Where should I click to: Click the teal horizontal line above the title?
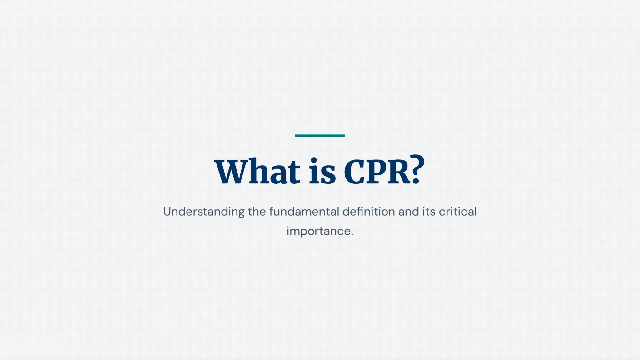pyautogui.click(x=320, y=136)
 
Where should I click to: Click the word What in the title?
pyautogui.click(x=257, y=172)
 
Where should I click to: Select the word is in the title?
pyautogui.click(x=322, y=172)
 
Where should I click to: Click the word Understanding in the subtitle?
pyautogui.click(x=204, y=212)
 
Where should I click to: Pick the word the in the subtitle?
pyautogui.click(x=257, y=212)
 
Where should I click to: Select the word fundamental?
pyautogui.click(x=304, y=212)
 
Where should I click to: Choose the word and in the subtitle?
pyautogui.click(x=408, y=212)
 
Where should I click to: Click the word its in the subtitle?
pyautogui.click(x=429, y=212)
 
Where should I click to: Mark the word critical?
pyautogui.click(x=458, y=212)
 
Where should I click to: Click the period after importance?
pyautogui.click(x=352, y=235)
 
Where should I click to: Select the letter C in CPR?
pyautogui.click(x=355, y=172)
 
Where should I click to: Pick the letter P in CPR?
pyautogui.click(x=377, y=172)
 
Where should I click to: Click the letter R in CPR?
pyautogui.click(x=399, y=172)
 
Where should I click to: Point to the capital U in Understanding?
pyautogui.click(x=168, y=212)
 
